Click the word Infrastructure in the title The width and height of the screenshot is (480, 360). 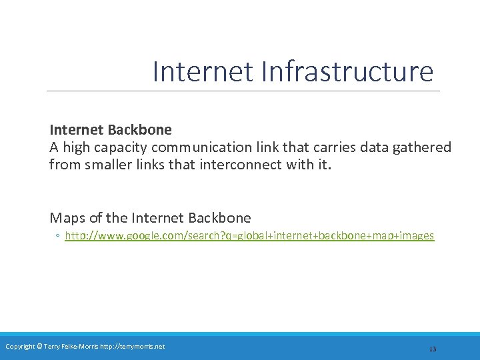pos(348,72)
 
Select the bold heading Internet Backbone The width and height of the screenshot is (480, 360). pos(111,129)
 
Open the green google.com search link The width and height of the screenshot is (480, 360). pos(249,236)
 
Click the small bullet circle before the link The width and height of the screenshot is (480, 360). pos(58,236)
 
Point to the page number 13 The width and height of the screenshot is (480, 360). pos(432,349)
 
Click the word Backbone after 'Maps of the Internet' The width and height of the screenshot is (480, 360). pos(220,217)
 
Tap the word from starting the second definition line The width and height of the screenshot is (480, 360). pos(63,164)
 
